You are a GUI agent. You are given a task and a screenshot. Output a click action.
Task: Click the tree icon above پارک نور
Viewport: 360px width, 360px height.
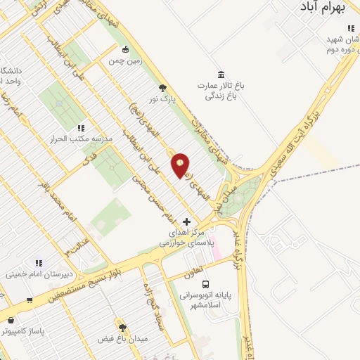[164, 88]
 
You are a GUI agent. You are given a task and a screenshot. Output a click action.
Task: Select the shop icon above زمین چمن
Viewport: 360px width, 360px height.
[125, 50]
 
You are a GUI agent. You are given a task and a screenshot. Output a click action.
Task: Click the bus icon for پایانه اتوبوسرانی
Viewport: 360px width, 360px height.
[205, 285]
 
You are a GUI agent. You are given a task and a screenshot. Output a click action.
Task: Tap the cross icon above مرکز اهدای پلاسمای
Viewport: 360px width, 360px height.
[186, 221]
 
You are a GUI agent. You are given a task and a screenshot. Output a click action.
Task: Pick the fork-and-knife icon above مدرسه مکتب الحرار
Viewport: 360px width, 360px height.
[81, 128]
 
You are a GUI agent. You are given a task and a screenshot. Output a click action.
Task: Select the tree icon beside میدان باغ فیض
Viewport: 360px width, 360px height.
[122, 328]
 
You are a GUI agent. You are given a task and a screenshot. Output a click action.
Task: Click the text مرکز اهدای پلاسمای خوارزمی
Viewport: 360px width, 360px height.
[185, 237]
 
